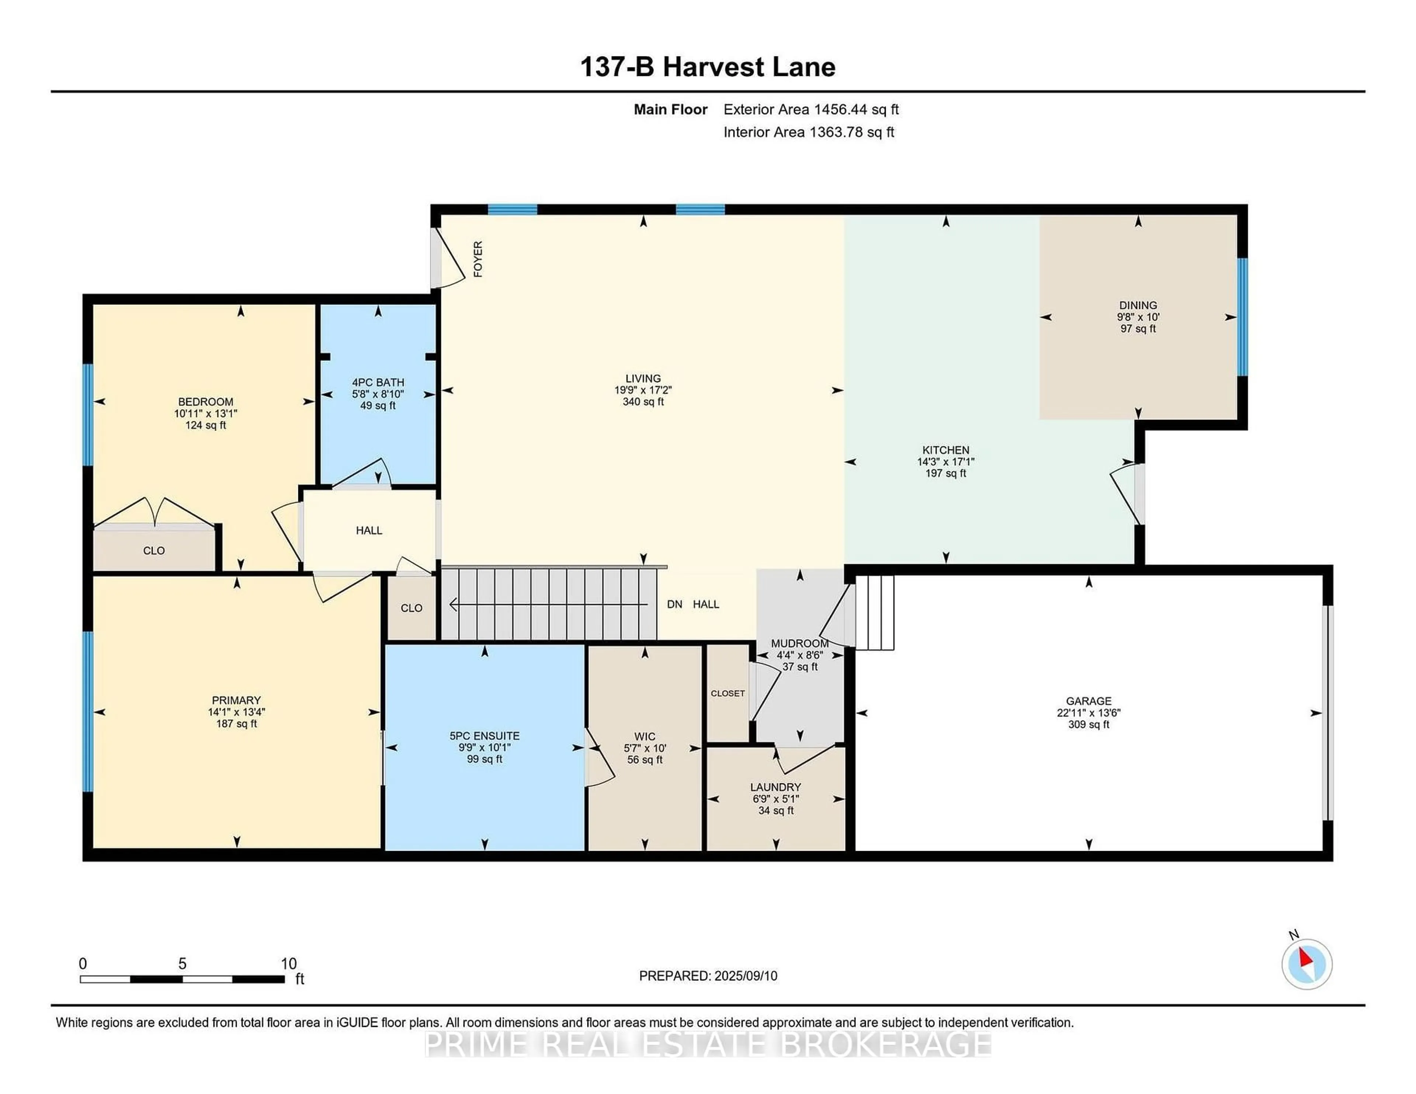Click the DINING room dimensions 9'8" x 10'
tap(1138, 317)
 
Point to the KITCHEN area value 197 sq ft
tap(945, 474)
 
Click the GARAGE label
tap(1089, 701)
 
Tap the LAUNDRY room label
tap(775, 787)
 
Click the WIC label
tap(645, 736)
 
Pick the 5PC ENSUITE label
tap(484, 736)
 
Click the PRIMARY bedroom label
tap(236, 700)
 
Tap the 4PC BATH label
tap(378, 382)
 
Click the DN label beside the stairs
tap(674, 604)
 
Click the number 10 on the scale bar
tap(288, 964)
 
